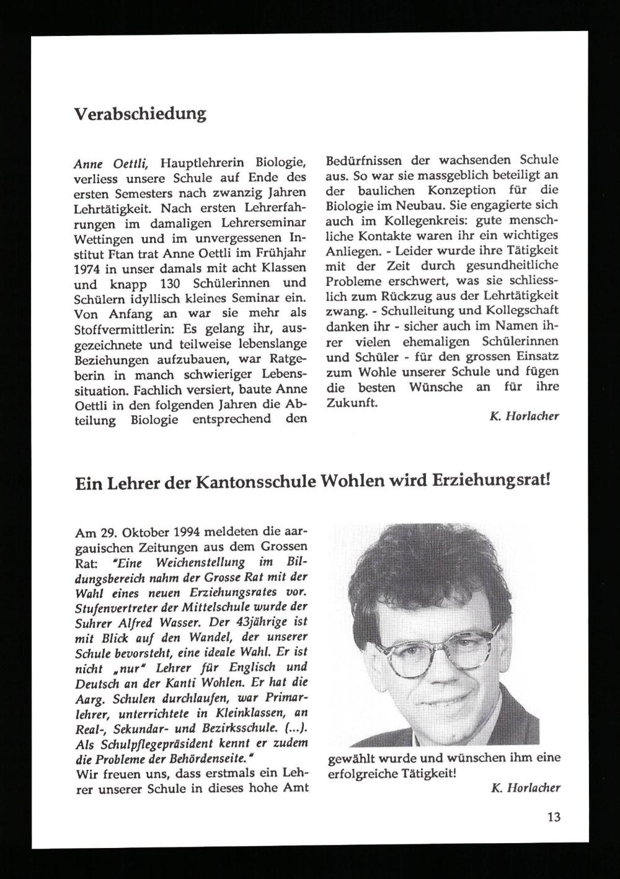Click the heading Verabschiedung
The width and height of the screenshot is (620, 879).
[140, 114]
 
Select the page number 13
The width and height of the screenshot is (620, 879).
[554, 817]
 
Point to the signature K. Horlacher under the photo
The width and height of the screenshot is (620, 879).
[525, 788]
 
